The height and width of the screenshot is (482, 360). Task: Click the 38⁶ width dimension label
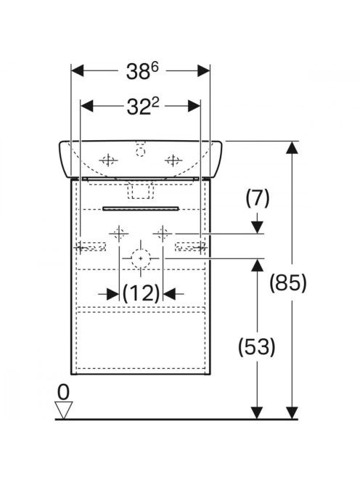pos(142,72)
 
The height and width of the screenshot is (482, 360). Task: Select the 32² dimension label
pos(143,107)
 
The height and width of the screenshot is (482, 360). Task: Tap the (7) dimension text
pos(258,198)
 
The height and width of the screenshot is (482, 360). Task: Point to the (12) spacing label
pos(141,293)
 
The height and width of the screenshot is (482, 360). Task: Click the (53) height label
pos(257,346)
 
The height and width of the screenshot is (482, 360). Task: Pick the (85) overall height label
pos(288,282)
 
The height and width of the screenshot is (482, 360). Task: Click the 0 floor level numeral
pos(64,392)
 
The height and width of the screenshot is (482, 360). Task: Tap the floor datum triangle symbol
pos(64,409)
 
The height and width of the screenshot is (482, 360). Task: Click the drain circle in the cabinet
pos(141,258)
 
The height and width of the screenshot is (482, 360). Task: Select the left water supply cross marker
pos(118,234)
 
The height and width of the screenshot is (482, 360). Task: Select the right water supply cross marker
pos(163,234)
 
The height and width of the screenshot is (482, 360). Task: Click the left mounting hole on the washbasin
pos(108,160)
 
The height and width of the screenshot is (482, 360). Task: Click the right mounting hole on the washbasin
pos(173,160)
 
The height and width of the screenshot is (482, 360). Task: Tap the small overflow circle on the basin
pos(141,152)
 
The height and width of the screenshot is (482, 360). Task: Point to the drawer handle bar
pos(141,208)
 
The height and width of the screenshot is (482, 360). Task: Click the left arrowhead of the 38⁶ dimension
pos(77,70)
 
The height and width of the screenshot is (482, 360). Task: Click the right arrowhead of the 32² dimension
pos(194,106)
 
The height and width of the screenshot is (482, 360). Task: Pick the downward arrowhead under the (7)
pos(258,227)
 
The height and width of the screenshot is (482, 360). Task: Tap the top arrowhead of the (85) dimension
pos(292,147)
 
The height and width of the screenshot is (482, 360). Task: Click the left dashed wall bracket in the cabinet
pos(91,247)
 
